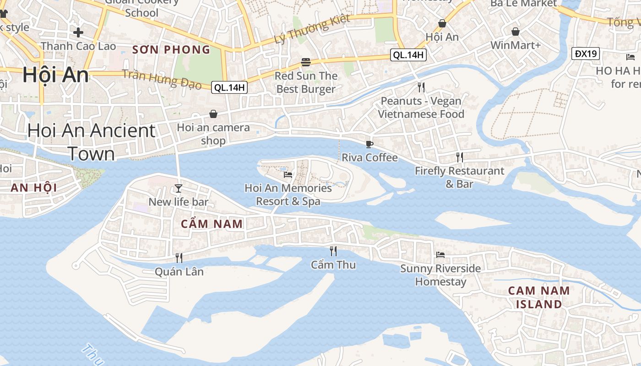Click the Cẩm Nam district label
pos(212,224)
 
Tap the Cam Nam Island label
pos(539,297)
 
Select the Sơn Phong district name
pos(171,50)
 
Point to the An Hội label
pos(33,188)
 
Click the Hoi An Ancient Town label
pos(91,142)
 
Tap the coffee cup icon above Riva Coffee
pos(369,145)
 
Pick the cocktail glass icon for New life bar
pos(179,188)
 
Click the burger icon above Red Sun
pos(306,62)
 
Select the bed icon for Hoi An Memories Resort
pos(288,174)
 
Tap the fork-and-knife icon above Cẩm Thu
pos(333,251)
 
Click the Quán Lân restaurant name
pos(179,272)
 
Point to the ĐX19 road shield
pos(586,54)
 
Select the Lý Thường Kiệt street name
pos(312,29)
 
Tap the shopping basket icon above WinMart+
pos(516,32)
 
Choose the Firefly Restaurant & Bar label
pos(459,177)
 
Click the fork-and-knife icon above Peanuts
pos(421,87)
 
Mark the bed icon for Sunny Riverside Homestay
pos(440,254)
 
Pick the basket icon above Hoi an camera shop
pos(213,113)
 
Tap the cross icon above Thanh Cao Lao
pos(78,32)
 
